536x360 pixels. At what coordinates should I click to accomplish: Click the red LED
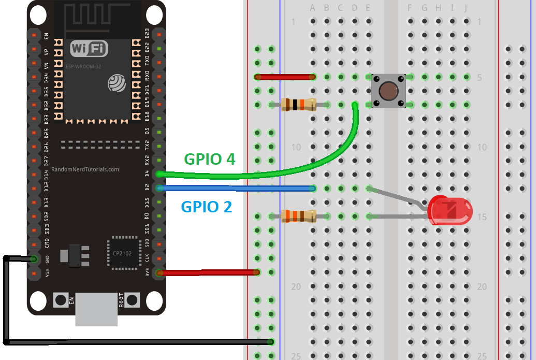pos(450,210)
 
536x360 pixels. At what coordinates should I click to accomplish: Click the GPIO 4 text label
pos(210,159)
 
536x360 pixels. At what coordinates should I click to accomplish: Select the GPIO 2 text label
pos(206,207)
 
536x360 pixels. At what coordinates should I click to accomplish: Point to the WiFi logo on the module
pos(89,49)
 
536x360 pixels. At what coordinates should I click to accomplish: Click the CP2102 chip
pos(124,254)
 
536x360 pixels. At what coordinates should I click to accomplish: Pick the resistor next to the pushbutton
pos(298,105)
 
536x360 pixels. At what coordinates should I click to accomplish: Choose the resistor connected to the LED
pos(298,215)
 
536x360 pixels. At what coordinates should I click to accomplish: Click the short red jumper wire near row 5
pos(285,77)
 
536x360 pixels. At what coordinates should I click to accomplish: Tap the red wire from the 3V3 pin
pos(207,272)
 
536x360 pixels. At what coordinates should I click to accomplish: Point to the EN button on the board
pos(61,300)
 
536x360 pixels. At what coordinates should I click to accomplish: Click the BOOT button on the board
pos(132,300)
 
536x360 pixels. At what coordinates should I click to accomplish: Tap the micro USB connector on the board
pos(96,309)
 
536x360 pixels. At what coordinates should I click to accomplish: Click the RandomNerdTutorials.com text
pos(85,169)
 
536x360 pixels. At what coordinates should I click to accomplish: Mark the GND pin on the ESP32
pos(34,258)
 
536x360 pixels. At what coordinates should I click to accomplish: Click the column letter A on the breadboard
pos(312,8)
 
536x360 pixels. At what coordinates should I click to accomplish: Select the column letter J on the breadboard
pos(466,8)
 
